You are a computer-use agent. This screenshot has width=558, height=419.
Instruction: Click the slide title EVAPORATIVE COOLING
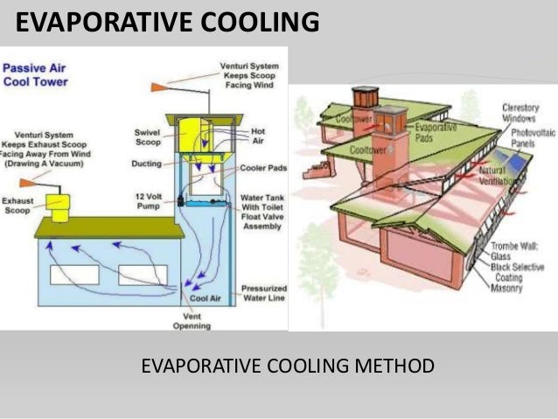click(167, 22)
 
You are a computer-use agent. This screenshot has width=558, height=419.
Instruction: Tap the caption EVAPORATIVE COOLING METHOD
click(287, 365)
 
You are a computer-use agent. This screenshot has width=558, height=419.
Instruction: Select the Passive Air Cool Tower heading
click(38, 73)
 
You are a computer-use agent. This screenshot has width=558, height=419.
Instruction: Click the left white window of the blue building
click(73, 275)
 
